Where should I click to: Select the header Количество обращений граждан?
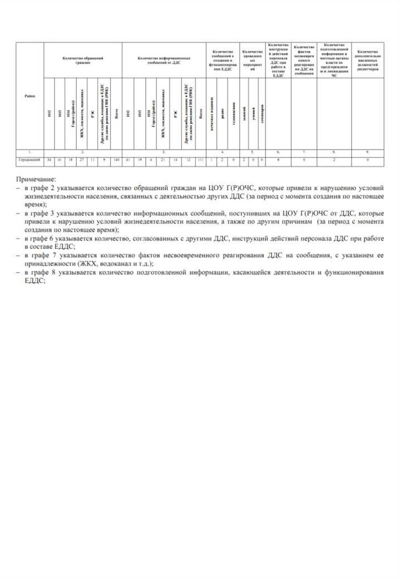(83, 60)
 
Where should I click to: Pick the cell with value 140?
(116, 161)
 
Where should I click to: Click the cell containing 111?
(201, 161)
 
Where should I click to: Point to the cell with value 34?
(49, 161)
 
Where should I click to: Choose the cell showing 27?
(81, 161)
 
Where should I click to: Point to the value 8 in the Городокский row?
(278, 161)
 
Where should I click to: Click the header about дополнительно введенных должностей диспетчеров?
(367, 60)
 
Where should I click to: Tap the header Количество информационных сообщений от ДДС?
(164, 60)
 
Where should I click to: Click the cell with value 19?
(140, 161)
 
